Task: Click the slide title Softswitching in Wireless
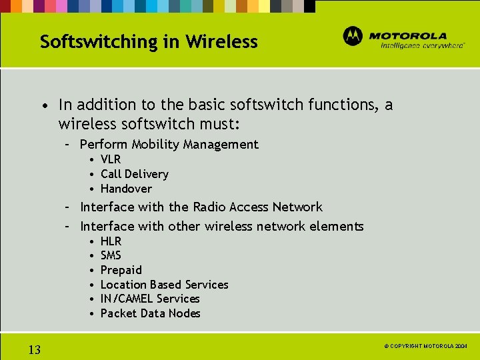click(149, 41)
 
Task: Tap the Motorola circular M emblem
click(353, 36)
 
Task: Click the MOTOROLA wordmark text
click(407, 35)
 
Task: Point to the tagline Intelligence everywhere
click(422, 46)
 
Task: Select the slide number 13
click(35, 350)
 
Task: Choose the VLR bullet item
click(111, 159)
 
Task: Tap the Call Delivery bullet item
click(134, 174)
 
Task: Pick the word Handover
click(126, 189)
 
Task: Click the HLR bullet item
click(111, 241)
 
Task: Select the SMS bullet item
click(111, 255)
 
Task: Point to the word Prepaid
click(121, 270)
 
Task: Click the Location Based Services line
click(164, 285)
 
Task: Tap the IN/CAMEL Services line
click(150, 299)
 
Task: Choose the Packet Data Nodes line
click(150, 313)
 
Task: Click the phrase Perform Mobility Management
click(169, 144)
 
